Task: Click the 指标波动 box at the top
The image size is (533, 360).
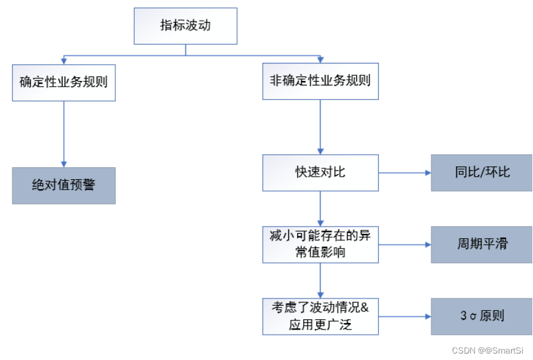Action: [186, 26]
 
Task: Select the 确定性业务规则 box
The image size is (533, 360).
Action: [63, 82]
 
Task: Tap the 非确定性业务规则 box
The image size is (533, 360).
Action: [320, 82]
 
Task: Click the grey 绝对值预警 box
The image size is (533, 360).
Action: [63, 186]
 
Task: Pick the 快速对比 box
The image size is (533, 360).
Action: [320, 173]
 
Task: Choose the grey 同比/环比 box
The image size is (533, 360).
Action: [482, 173]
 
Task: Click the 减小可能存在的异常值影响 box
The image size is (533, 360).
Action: [320, 244]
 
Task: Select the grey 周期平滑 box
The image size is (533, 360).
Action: [482, 244]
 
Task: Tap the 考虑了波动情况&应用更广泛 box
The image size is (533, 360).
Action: [320, 316]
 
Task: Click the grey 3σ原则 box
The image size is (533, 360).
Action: [482, 316]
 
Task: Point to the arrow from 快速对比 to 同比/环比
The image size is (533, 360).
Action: [405, 173]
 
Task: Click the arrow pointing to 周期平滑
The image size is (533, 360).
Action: [405, 245]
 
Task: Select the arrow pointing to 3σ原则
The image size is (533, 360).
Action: [405, 317]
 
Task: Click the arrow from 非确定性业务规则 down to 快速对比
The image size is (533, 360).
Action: [320, 127]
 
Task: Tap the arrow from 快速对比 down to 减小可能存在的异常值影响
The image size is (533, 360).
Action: [320, 208]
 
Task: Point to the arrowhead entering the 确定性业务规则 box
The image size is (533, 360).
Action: [63, 60]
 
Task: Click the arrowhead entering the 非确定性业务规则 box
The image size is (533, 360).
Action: [320, 60]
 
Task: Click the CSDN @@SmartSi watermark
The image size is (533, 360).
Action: [487, 350]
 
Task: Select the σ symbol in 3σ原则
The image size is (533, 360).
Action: [474, 317]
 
